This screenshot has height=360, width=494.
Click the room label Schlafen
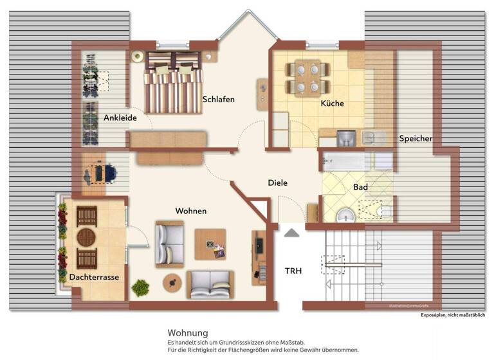[218, 100]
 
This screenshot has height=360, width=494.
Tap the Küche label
[332, 104]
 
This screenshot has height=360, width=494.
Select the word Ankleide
[119, 118]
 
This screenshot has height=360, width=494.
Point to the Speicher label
[415, 138]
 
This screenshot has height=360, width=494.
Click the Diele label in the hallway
[277, 183]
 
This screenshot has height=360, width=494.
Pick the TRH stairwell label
[293, 271]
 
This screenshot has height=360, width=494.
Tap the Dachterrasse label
[94, 277]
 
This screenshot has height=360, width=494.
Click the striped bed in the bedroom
[173, 82]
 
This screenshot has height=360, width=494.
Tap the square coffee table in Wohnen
[210, 244]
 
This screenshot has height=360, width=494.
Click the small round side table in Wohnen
[172, 283]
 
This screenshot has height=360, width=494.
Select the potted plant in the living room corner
[140, 287]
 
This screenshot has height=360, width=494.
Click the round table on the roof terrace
[86, 238]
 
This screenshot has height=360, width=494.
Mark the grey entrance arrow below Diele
[291, 233]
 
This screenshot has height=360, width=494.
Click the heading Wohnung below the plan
[187, 333]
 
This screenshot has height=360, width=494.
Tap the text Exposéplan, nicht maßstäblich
[452, 315]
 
